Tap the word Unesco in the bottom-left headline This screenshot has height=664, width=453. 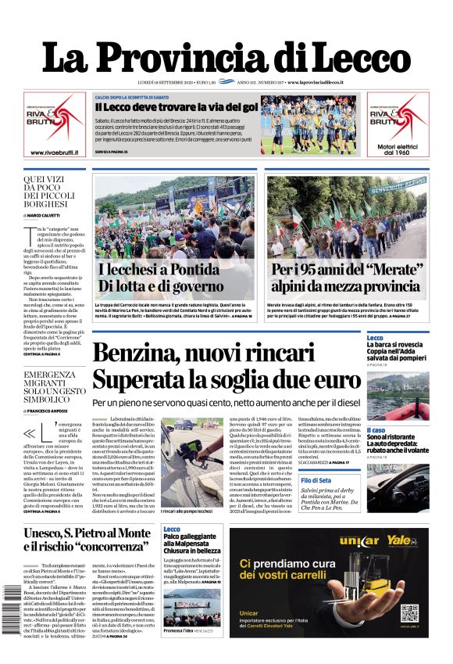[x=55, y=535]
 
